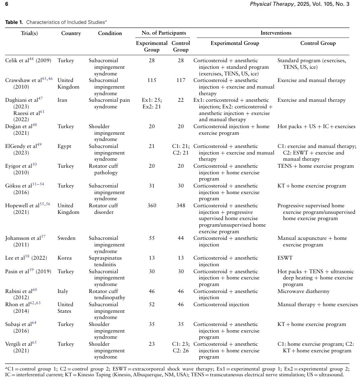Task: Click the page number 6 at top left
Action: pyautogui.click(x=7, y=4)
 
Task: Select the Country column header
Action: pyautogui.click(x=71, y=33)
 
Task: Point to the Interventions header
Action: pyautogui.click(x=276, y=33)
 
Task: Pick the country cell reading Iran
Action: pyautogui.click(x=63, y=100)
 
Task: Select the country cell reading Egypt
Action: pyautogui.click(x=64, y=146)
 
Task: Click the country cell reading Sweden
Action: pyautogui.click(x=66, y=238)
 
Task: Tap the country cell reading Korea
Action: pyautogui.click(x=65, y=258)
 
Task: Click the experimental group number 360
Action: pyautogui.click(x=152, y=206)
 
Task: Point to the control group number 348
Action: pyautogui.click(x=180, y=206)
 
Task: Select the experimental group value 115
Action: pyautogui.click(x=152, y=80)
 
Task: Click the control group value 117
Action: pyautogui.click(x=180, y=80)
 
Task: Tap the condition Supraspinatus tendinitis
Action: pyautogui.click(x=105, y=261)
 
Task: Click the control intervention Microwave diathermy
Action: pyautogui.click(x=304, y=291)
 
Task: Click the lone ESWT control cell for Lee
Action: pyautogui.click(x=285, y=258)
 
